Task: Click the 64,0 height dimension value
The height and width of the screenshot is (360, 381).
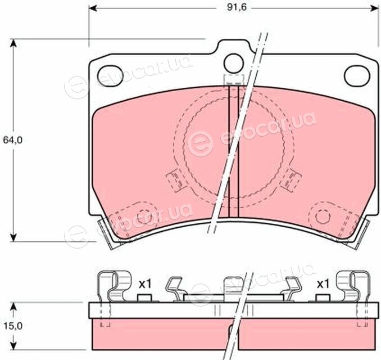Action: [x=12, y=140]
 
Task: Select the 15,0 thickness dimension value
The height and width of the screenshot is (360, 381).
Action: [x=12, y=326]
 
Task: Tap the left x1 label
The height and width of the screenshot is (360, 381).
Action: [x=145, y=284]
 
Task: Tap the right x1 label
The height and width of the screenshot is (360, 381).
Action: [x=323, y=284]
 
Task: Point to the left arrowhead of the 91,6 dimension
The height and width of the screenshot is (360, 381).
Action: [x=93, y=8]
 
